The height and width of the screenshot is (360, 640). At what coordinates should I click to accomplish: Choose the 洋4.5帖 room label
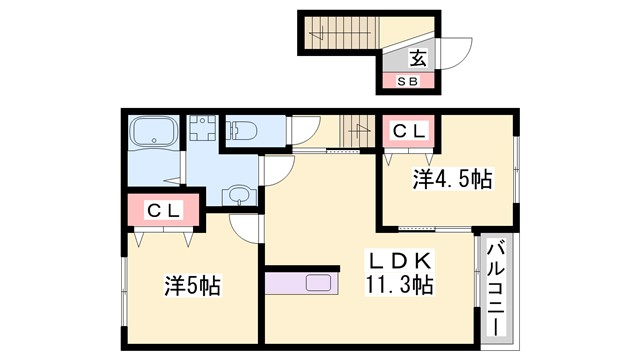click(452, 180)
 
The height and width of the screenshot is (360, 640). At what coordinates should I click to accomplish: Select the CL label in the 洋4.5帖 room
click(408, 130)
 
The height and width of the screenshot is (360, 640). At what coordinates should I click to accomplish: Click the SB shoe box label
click(409, 81)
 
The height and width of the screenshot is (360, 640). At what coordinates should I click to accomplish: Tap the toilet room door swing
click(305, 130)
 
